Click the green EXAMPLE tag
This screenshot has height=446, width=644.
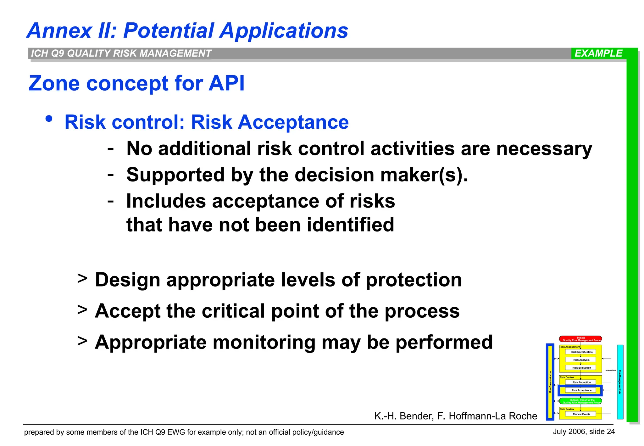click(x=598, y=53)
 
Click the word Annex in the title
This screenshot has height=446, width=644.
click(x=59, y=31)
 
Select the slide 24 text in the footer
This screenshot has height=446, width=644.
click(x=602, y=432)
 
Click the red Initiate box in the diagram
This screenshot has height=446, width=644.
click(x=580, y=339)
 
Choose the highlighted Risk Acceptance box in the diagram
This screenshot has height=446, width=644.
click(x=581, y=390)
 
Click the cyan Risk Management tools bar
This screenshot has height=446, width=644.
click(x=620, y=382)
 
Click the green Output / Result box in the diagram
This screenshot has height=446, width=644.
click(x=580, y=401)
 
